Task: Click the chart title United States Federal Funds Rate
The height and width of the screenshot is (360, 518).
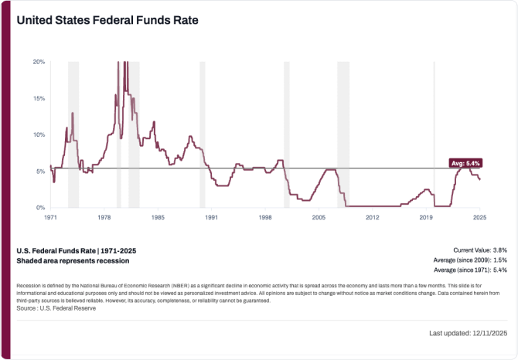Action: click(x=107, y=20)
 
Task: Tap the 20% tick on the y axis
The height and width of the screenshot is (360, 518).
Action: click(x=39, y=62)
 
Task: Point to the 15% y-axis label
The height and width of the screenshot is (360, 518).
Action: click(x=39, y=98)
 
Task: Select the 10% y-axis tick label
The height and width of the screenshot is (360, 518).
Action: click(x=39, y=134)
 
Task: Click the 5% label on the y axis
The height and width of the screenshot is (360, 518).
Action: click(x=40, y=171)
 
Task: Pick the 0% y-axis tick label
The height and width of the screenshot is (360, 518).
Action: click(x=40, y=207)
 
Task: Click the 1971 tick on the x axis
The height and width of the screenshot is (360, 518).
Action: click(x=50, y=218)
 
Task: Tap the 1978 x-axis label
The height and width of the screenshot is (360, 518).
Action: click(x=104, y=218)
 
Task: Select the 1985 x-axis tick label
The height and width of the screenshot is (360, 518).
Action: click(x=157, y=218)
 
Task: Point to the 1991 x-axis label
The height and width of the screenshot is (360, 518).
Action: click(x=210, y=218)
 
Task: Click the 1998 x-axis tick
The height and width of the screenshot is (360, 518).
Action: click(x=264, y=218)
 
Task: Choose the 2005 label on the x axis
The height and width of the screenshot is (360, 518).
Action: click(x=318, y=218)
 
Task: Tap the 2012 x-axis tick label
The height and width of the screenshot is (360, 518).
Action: click(x=371, y=218)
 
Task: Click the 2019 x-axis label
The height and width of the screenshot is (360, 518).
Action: click(x=425, y=218)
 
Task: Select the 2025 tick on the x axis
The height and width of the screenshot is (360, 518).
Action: click(x=479, y=218)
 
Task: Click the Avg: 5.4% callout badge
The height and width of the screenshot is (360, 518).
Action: click(x=466, y=163)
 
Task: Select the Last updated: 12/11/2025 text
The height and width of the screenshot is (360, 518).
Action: click(x=468, y=333)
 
